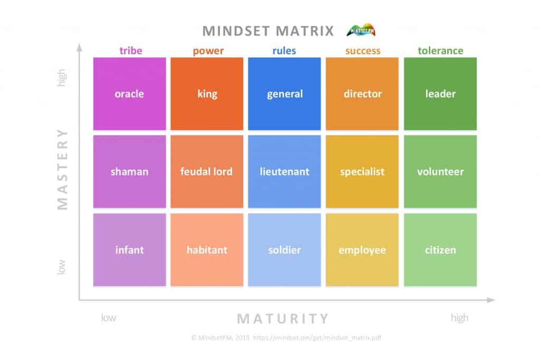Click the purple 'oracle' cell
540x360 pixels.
tap(129, 94)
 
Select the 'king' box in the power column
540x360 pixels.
tap(207, 94)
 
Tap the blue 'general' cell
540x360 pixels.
tap(284, 94)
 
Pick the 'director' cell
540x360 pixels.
tap(362, 94)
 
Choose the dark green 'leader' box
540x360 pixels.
tap(440, 94)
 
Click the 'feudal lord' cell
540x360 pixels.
tap(207, 172)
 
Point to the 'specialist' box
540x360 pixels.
tap(362, 172)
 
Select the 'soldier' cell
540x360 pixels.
tap(284, 250)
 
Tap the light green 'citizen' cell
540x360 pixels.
tap(440, 250)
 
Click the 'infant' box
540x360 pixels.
tap(129, 250)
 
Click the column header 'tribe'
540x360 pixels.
tap(131, 51)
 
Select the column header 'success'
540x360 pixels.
tap(362, 51)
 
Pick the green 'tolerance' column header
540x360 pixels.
tap(440, 51)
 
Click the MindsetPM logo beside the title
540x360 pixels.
tap(361, 31)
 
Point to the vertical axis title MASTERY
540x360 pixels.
tap(63, 169)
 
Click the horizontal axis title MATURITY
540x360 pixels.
tap(283, 318)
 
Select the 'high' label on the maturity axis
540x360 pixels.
tap(459, 318)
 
